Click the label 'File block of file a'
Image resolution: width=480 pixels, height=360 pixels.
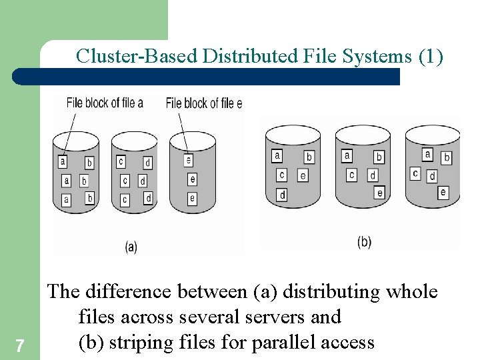click(x=105, y=103)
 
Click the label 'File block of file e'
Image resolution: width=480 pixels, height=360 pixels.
click(x=203, y=103)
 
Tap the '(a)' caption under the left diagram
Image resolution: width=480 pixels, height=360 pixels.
click(x=131, y=247)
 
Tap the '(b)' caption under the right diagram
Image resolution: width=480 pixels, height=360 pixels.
click(x=364, y=241)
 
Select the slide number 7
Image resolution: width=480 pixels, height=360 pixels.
click(x=20, y=345)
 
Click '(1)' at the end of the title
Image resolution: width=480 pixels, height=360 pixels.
click(x=430, y=56)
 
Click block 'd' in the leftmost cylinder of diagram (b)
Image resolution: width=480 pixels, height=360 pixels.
click(x=282, y=195)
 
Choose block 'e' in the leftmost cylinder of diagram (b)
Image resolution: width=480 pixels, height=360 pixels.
click(x=303, y=175)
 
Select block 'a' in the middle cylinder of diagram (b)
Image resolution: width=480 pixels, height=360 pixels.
click(x=347, y=156)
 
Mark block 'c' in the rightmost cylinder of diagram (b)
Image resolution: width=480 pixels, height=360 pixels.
click(x=415, y=174)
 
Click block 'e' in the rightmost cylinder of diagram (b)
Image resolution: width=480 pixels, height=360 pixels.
click(x=443, y=192)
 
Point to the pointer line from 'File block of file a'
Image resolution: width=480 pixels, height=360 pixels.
click(x=69, y=133)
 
